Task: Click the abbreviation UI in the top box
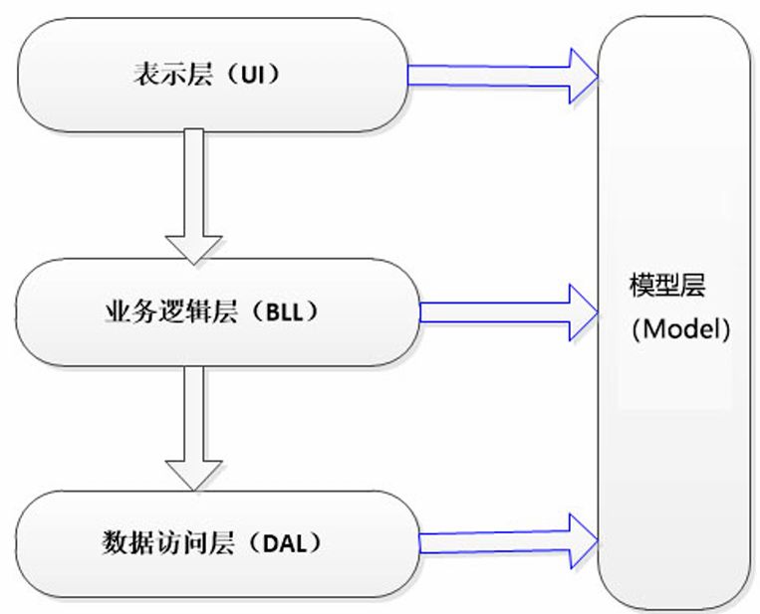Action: (x=253, y=75)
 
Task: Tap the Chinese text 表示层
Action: (x=173, y=75)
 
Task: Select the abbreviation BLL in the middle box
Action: (x=285, y=312)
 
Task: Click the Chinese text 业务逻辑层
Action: (x=171, y=311)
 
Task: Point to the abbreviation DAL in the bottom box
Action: (x=285, y=543)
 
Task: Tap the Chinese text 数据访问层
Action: (x=168, y=542)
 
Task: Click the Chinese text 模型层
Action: (x=667, y=286)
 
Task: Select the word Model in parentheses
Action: (x=681, y=329)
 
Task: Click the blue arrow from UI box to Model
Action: (x=503, y=76)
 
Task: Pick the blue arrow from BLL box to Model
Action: (x=509, y=312)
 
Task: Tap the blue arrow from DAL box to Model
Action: (x=508, y=541)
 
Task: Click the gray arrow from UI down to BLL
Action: (x=194, y=196)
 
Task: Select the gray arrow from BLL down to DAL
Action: (x=194, y=429)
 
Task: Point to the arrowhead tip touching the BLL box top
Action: (x=194, y=265)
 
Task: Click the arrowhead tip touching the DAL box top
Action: (x=194, y=491)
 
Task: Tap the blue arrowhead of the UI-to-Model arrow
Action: (x=584, y=76)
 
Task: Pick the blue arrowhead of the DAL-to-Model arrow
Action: (x=584, y=541)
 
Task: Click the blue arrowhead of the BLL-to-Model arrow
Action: (x=584, y=312)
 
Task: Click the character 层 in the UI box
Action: (x=199, y=75)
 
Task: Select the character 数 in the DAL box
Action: (x=115, y=542)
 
